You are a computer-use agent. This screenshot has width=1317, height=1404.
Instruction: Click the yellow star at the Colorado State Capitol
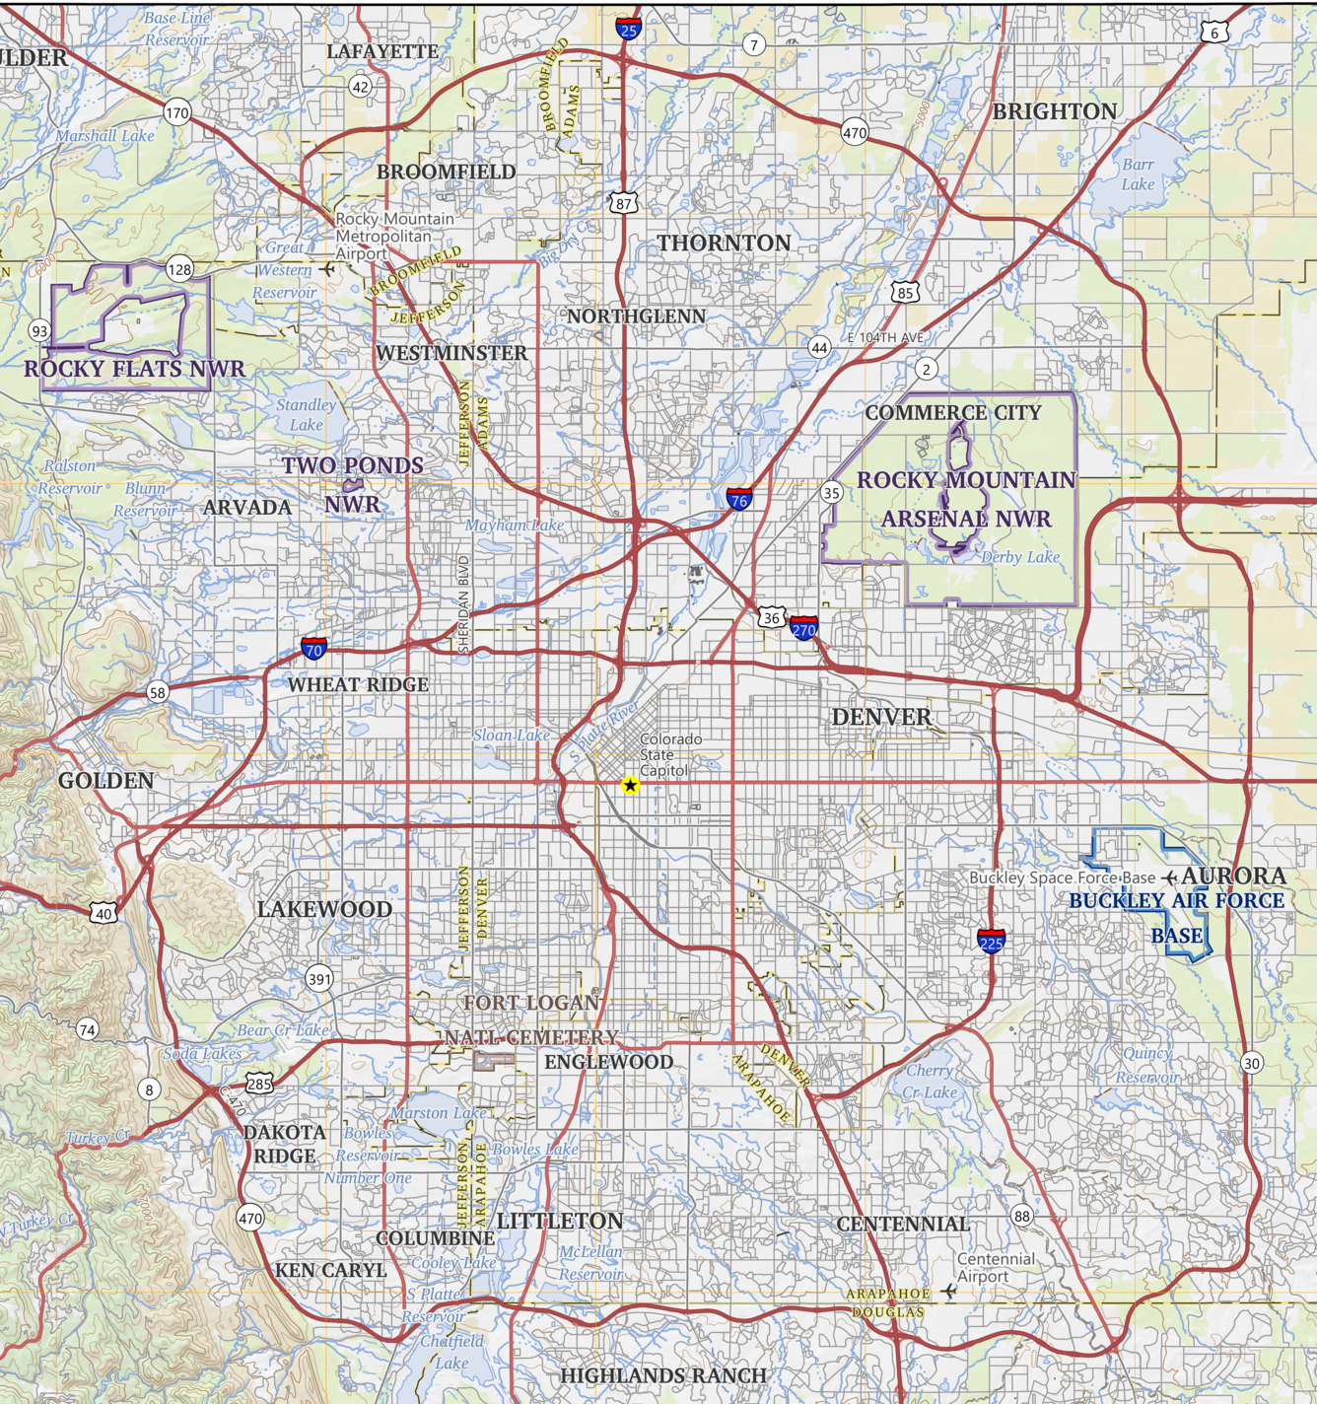[x=630, y=785]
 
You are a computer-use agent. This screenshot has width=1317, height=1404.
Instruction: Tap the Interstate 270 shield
[x=803, y=628]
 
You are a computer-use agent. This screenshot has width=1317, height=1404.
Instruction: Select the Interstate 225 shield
[x=991, y=941]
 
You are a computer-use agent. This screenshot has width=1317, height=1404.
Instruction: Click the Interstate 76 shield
[x=739, y=498]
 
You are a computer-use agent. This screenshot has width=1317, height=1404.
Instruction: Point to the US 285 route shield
[x=259, y=1084]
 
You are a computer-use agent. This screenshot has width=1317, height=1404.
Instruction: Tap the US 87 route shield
[x=623, y=203]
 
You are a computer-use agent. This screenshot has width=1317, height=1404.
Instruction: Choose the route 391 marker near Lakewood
[x=319, y=979]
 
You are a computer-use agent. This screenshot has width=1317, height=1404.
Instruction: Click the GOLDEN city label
[x=106, y=781]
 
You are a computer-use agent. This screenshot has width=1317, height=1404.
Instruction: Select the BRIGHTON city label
[x=1055, y=111]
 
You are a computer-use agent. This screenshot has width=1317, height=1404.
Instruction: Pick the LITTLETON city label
[x=560, y=1221]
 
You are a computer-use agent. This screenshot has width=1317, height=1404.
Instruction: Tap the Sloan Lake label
[x=512, y=735]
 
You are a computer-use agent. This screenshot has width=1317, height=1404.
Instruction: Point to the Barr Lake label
[x=1138, y=175]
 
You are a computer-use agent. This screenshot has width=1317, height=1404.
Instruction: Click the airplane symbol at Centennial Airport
[x=949, y=1291]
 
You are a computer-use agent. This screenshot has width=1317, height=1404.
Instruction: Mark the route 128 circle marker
[x=179, y=269]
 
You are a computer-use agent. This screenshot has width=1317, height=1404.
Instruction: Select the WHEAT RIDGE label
[x=358, y=684]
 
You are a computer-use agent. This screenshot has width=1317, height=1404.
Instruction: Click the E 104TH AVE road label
[x=885, y=337]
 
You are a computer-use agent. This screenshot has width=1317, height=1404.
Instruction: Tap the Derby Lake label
[x=1020, y=557]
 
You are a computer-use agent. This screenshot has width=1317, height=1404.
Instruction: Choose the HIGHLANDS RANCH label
[x=663, y=1375]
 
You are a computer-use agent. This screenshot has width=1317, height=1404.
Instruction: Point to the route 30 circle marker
[x=1251, y=1063]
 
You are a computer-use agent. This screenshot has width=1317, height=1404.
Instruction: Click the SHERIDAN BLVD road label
[x=464, y=603]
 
